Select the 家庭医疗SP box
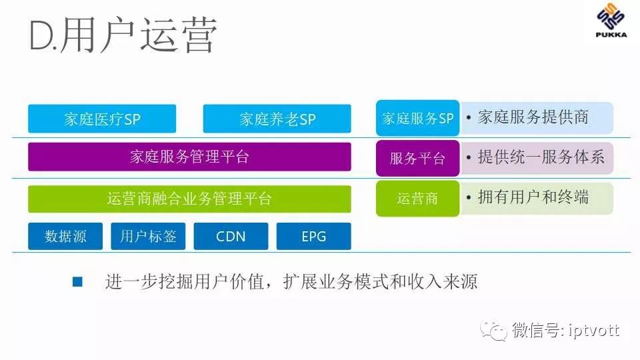(x=102, y=119)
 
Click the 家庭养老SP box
(x=277, y=119)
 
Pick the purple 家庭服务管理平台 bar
(x=189, y=157)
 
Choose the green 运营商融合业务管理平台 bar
(x=189, y=199)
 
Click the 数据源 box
(x=65, y=236)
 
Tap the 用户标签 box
(x=148, y=236)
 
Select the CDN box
(x=231, y=236)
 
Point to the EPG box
(x=313, y=236)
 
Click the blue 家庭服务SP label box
(x=417, y=119)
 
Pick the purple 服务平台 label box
(x=417, y=158)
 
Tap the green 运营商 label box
(x=417, y=198)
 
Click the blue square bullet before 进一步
(x=77, y=282)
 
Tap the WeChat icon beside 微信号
(x=496, y=329)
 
